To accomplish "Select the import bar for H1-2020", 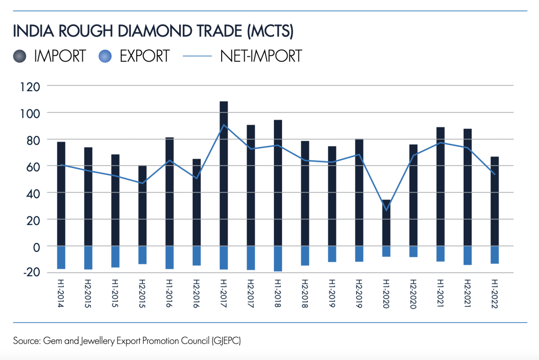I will click(x=386, y=223).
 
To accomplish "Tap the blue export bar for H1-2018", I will click(x=278, y=258).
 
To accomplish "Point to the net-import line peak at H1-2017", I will click(x=224, y=125).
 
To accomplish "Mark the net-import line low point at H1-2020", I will click(x=386, y=210).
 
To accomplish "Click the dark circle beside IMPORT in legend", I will click(x=20, y=56).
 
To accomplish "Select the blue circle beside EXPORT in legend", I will click(x=106, y=56).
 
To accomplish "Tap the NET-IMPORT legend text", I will click(x=261, y=56).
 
